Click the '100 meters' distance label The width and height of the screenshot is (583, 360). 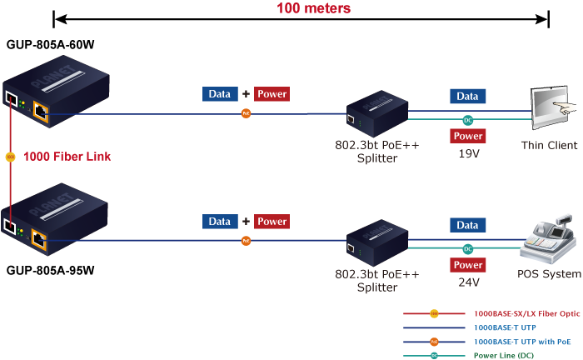coord(314,8)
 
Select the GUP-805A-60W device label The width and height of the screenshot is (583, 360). coord(50,43)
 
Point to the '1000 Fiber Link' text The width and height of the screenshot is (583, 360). coord(67,156)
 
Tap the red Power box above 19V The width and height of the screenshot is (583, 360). coord(468,136)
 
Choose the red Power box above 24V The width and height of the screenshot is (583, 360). coord(468,265)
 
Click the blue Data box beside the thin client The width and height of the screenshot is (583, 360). coord(467,97)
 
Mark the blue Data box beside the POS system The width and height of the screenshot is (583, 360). coord(467,225)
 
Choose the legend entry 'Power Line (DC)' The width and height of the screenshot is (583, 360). coord(505,355)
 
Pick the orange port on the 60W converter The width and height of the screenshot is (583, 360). coord(40,106)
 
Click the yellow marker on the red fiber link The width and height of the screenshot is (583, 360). coord(10,156)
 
